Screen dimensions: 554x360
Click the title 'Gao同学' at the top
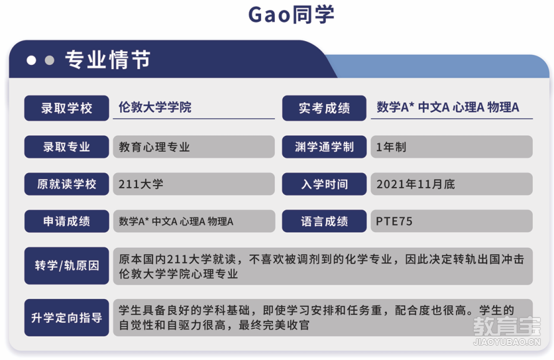click(291, 14)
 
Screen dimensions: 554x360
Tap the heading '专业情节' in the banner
click(108, 59)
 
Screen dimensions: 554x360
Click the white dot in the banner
click(31, 60)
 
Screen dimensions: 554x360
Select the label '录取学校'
click(67, 108)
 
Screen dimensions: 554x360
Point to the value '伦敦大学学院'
click(155, 107)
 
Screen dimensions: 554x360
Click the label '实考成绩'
click(324, 108)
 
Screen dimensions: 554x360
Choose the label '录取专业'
click(67, 146)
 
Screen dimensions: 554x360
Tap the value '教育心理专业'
click(154, 147)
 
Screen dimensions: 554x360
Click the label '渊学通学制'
click(324, 146)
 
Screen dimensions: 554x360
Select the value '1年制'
click(391, 147)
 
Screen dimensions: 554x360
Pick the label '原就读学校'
click(67, 184)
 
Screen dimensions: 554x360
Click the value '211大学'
click(141, 184)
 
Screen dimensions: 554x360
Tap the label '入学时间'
click(324, 184)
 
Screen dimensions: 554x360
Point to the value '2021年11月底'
click(416, 184)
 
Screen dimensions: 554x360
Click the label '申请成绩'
click(67, 221)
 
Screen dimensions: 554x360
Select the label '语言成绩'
click(324, 221)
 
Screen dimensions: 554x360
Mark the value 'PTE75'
click(394, 221)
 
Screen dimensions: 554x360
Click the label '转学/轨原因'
click(67, 265)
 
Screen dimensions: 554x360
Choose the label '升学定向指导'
click(67, 318)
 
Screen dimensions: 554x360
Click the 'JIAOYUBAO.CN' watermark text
click(507, 342)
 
